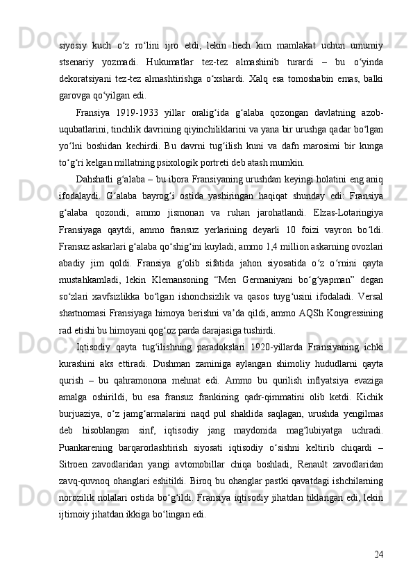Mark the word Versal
click(x=369, y=302)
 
